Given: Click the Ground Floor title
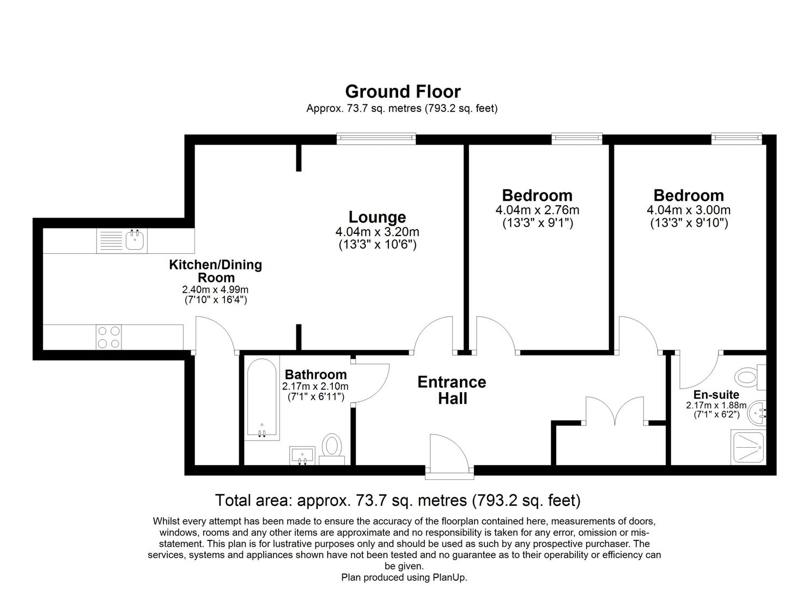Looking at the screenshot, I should [x=403, y=91].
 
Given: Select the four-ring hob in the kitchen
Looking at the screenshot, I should [x=108, y=337].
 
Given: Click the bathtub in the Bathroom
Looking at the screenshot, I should [x=263, y=399].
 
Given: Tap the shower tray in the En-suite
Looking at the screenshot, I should [x=749, y=447].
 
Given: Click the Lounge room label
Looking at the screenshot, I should [x=377, y=217].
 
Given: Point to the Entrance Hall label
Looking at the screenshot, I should [x=452, y=390].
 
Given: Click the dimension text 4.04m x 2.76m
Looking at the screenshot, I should [x=537, y=210].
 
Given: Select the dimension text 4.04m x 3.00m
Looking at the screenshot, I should [x=689, y=210].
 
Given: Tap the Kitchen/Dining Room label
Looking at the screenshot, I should [x=216, y=271].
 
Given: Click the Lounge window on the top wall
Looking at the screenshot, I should [x=376, y=139].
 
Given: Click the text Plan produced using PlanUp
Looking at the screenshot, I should [x=404, y=577].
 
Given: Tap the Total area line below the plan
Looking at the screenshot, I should [x=398, y=500].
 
